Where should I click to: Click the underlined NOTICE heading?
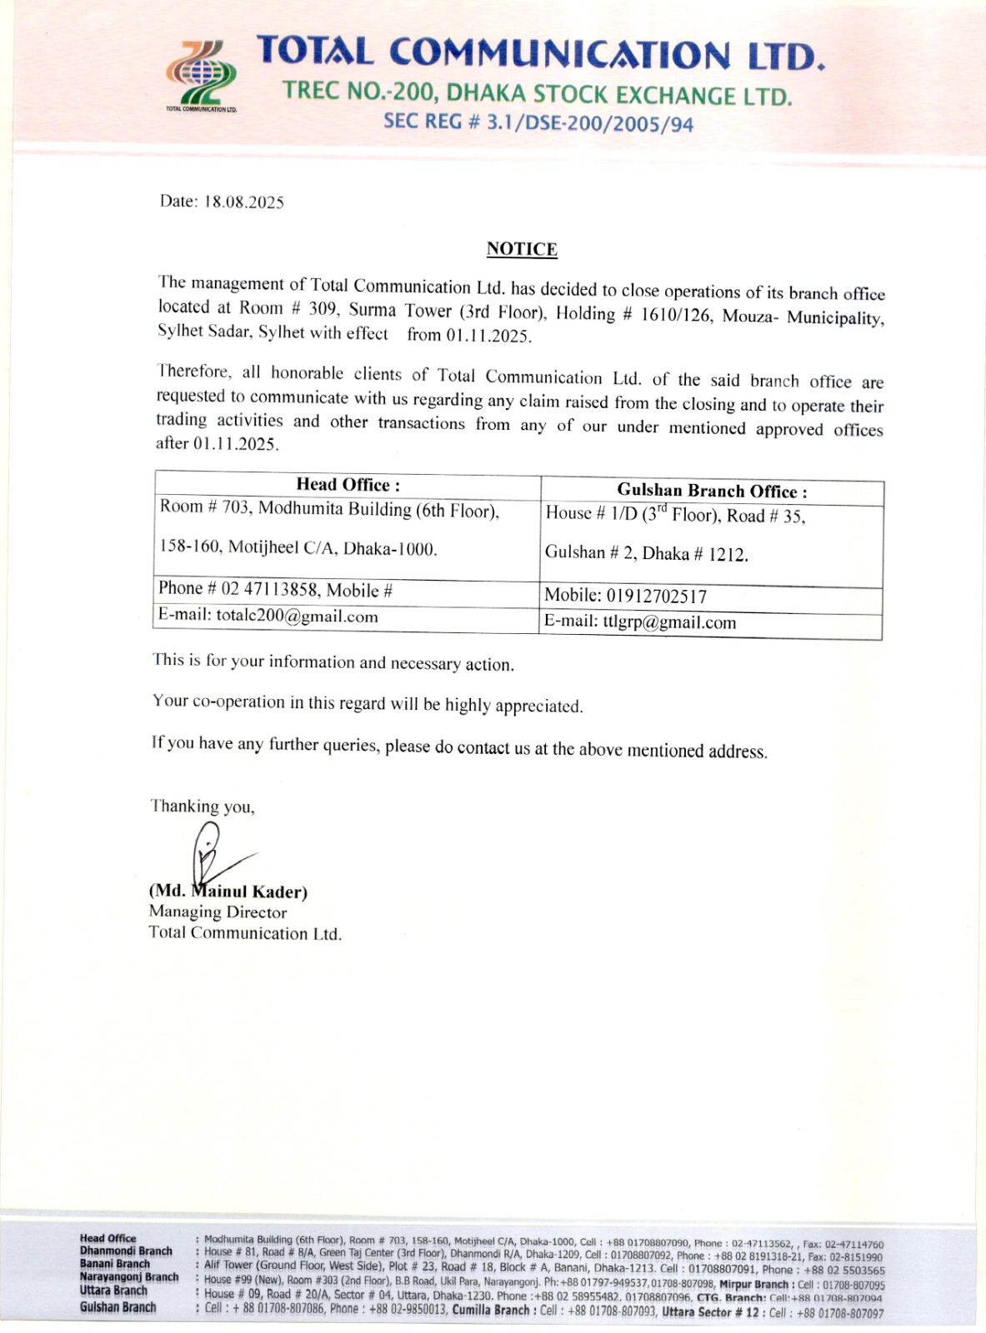coord(522,249)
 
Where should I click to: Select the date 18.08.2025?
coord(244,202)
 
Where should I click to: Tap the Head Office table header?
coord(348,485)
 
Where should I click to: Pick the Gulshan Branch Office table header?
coord(712,492)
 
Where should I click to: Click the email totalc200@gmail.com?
coord(297,617)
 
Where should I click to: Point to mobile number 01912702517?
coord(656,597)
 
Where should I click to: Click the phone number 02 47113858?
coord(269,589)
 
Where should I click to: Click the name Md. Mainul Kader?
coord(228,891)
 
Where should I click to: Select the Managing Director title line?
coord(218,912)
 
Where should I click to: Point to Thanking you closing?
coord(203,806)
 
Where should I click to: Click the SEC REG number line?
coord(538,122)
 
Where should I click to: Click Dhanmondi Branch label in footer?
coord(126,1251)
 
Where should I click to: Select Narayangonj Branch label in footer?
coord(129,1277)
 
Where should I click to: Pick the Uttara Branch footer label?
coord(113,1291)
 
